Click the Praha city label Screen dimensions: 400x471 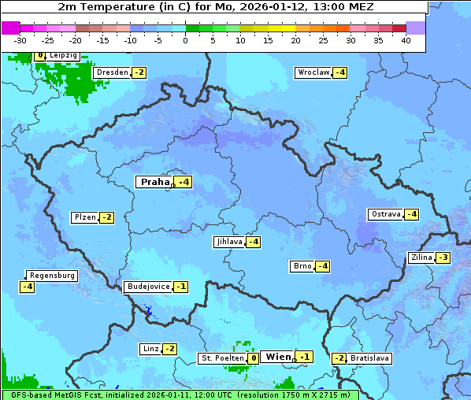point(154,182)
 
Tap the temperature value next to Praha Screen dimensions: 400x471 point(183,182)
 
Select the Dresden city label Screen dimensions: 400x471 point(112,72)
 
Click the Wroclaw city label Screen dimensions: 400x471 point(313,72)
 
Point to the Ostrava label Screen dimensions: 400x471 point(385,214)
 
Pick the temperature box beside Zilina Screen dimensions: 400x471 point(443,257)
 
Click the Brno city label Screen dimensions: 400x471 point(302,265)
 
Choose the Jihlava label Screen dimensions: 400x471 point(228,242)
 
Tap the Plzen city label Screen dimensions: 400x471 point(83,217)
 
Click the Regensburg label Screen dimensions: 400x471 point(52,276)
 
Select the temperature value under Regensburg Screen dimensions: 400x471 point(27,287)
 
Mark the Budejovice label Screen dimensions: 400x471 point(147,287)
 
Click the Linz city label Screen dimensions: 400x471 point(150,349)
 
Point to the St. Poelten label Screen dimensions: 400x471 point(221,358)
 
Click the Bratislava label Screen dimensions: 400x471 point(369,358)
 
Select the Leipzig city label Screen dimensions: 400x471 point(62,55)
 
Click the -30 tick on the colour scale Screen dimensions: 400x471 point(20,39)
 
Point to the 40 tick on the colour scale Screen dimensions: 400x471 point(406,39)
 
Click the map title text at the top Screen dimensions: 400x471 point(215,6)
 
